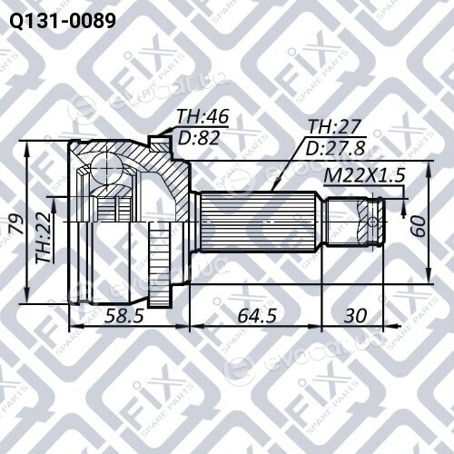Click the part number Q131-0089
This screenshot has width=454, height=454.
[63, 21]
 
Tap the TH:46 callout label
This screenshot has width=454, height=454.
[202, 116]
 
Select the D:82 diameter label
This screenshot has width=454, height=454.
[198, 138]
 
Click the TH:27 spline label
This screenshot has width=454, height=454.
[334, 126]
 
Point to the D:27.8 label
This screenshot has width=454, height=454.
[335, 148]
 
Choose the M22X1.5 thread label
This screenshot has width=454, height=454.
[364, 175]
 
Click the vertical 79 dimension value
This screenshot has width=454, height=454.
[18, 223]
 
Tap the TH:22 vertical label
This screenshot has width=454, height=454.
[44, 237]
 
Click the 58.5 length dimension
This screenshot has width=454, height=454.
[123, 316]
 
